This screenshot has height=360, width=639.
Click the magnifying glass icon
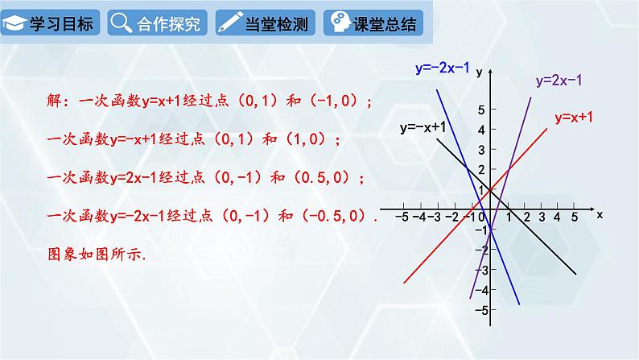pyautogui.click(x=121, y=23)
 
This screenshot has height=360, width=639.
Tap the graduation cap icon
pyautogui.click(x=15, y=24)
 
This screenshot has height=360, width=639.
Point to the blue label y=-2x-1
pyautogui.click(x=443, y=68)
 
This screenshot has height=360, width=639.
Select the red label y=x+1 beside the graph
pyautogui.click(x=574, y=118)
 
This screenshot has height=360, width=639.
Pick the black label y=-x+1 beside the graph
pyautogui.click(x=423, y=128)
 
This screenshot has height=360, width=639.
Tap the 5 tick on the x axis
pyautogui.click(x=575, y=217)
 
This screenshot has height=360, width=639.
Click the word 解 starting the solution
pyautogui.click(x=54, y=102)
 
